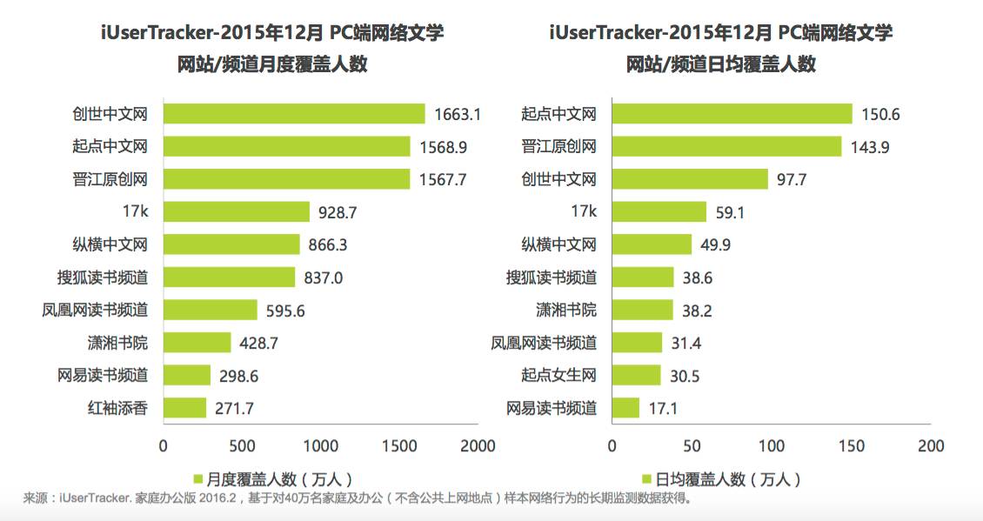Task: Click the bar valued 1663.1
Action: (294, 114)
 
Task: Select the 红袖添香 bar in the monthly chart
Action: (185, 407)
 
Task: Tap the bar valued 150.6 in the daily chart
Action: (732, 114)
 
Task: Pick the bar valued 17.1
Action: (625, 407)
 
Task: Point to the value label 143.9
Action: (870, 147)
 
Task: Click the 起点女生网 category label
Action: (558, 376)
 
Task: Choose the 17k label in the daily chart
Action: (583, 211)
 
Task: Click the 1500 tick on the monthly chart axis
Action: (399, 446)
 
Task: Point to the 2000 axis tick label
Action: (478, 446)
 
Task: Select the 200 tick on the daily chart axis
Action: (931, 446)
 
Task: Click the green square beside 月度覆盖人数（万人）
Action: (197, 478)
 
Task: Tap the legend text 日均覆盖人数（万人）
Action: (728, 478)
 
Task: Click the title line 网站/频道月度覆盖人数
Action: (271, 63)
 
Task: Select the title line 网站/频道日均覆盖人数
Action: (721, 63)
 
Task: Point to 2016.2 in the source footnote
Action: (217, 499)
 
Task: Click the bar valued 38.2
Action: (643, 310)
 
